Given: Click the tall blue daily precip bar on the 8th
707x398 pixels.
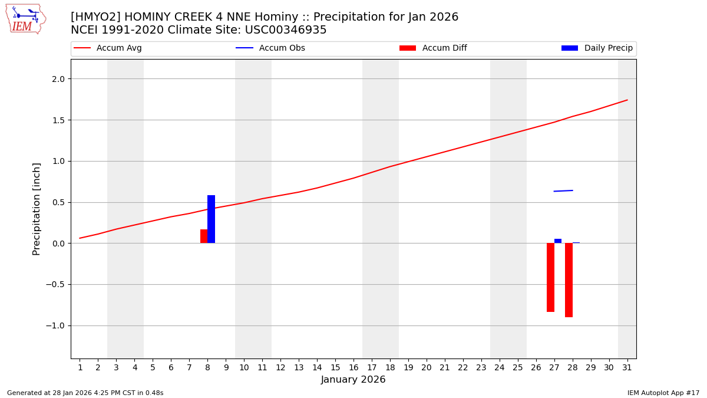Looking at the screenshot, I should (x=211, y=219).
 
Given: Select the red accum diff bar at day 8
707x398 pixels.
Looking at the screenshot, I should (x=204, y=236).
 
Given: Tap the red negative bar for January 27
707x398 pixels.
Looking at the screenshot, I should (x=550, y=277).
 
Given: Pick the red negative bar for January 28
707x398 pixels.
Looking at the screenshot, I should (x=569, y=280).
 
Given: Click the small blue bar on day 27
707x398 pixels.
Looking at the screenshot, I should (x=558, y=241).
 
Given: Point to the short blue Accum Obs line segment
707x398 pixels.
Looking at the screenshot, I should (x=563, y=190).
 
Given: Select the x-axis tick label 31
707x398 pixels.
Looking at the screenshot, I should (x=627, y=367).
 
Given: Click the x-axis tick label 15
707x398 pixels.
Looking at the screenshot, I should (x=335, y=367).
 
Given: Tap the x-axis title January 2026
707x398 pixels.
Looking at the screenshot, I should (x=353, y=380).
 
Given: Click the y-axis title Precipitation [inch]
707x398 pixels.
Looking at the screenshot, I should (x=37, y=209).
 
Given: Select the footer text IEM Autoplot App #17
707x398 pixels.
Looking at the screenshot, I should (x=663, y=393).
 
